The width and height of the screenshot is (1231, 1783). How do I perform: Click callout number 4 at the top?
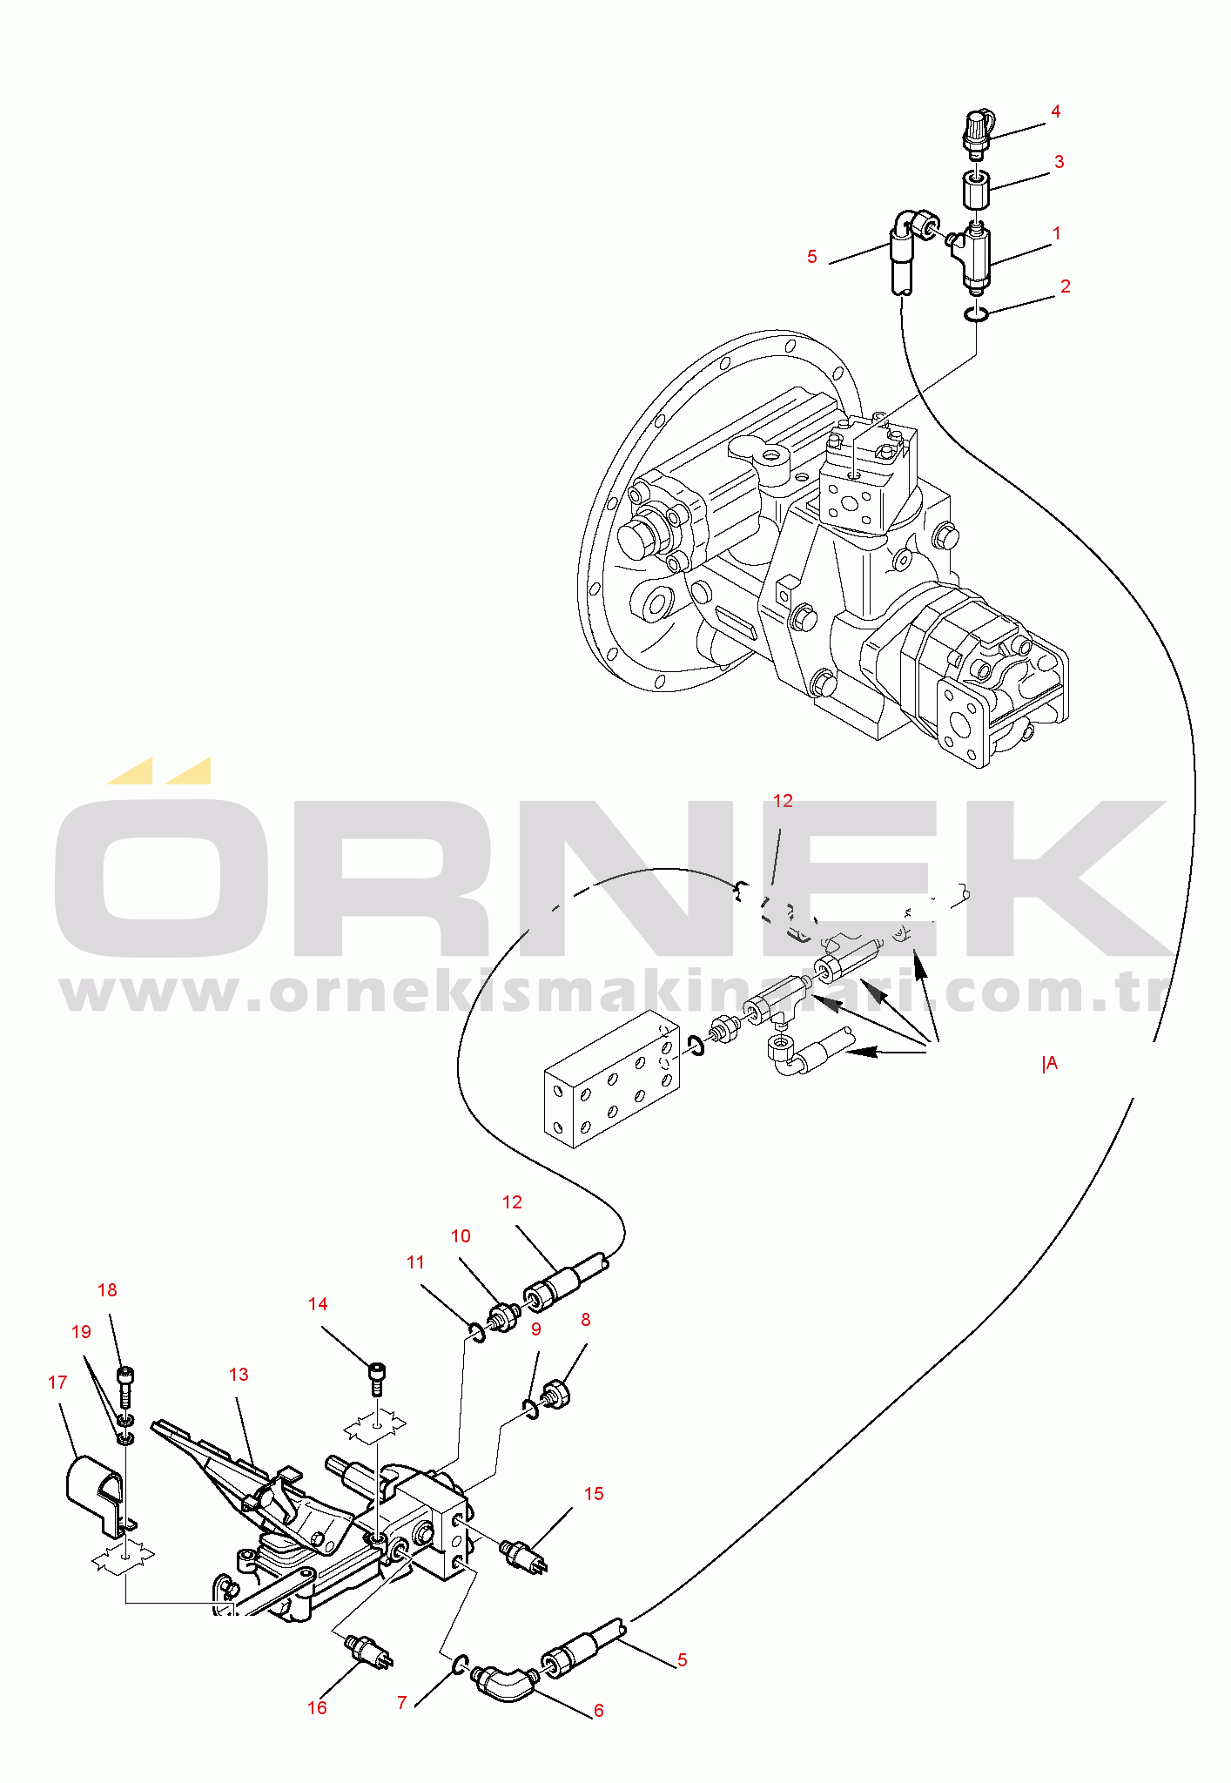tap(1055, 111)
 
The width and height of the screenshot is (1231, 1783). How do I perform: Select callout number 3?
tap(1059, 162)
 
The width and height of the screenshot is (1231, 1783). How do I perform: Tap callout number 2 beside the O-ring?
tap(1065, 286)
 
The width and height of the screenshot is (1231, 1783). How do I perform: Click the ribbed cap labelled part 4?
tap(977, 132)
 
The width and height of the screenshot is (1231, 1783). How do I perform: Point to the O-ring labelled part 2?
tap(976, 314)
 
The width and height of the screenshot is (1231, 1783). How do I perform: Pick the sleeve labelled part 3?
tap(977, 191)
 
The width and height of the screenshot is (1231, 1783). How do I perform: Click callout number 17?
tap(57, 1383)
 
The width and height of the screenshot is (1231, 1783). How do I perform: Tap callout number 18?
tap(107, 1290)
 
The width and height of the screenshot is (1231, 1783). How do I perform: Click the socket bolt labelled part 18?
tap(125, 1385)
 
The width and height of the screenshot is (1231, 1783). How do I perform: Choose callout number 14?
tap(318, 1304)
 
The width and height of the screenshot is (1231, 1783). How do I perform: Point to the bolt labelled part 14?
tap(377, 1377)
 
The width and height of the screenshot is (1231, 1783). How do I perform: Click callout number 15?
tap(594, 1494)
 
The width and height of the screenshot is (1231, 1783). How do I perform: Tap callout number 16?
tap(317, 1708)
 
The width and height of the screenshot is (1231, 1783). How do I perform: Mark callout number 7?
tap(401, 1703)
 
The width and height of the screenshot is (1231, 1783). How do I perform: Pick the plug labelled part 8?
tap(556, 1396)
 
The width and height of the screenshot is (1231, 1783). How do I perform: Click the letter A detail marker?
tap(1051, 1063)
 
